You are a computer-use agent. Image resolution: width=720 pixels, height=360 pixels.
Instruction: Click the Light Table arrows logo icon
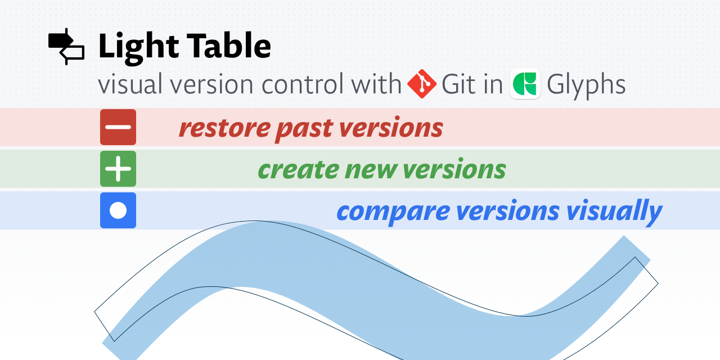click(66, 47)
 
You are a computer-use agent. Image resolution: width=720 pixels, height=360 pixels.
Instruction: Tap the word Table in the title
click(228, 46)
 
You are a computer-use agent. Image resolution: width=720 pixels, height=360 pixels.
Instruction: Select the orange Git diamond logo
click(422, 84)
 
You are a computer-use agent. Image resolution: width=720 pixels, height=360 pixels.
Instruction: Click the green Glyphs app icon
click(525, 84)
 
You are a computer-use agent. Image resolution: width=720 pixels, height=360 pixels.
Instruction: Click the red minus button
click(118, 127)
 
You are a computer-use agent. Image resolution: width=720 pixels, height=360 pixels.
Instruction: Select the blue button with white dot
click(118, 210)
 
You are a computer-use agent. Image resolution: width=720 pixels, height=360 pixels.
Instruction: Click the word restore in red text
click(224, 128)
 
